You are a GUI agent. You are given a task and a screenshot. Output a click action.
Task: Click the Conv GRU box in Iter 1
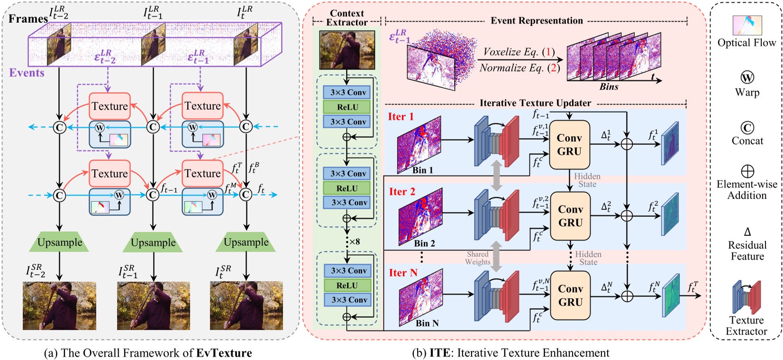pos(569,144)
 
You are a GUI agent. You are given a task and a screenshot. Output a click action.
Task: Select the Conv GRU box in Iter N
pos(570,295)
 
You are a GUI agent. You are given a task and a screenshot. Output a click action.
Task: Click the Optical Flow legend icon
pos(747,26)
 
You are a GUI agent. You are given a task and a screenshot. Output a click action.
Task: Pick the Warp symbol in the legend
pos(747,78)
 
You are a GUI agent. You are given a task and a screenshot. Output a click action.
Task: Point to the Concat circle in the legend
pos(747,127)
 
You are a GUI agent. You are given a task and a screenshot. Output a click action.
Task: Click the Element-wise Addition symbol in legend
pos(747,171)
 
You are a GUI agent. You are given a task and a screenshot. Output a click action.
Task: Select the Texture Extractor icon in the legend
pos(747,297)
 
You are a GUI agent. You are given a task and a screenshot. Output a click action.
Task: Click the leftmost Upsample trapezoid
pos(60,242)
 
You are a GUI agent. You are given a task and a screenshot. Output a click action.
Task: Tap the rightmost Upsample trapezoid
pos(246,242)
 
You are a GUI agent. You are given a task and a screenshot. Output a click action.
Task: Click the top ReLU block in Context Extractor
pos(348,107)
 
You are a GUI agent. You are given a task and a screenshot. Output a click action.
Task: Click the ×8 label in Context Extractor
pos(354,242)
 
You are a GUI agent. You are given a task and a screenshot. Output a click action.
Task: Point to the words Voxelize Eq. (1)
pos(518,52)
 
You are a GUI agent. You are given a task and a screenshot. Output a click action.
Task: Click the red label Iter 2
pos(402,192)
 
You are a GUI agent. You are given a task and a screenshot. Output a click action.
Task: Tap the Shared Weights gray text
pos(477,258)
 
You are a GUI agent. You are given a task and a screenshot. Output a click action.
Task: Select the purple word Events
pos(27,73)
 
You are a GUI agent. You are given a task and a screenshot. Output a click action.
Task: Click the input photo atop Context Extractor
pos(347,50)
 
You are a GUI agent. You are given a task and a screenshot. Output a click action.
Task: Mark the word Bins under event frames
pos(609,87)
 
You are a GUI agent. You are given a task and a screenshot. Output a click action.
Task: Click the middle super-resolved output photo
pos(153,306)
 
